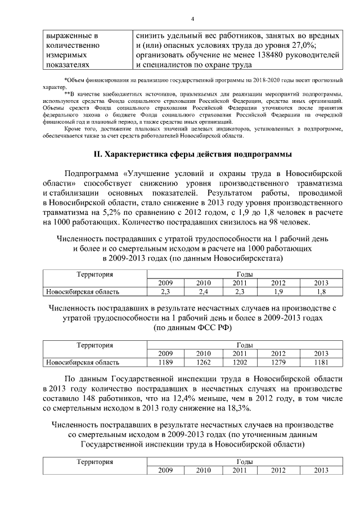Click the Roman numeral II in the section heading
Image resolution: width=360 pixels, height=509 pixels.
coord(97,154)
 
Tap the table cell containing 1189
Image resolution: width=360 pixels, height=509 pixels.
coord(165,362)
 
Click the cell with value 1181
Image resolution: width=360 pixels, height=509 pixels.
coord(321,362)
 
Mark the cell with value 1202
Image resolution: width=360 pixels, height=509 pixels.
coord(240,362)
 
